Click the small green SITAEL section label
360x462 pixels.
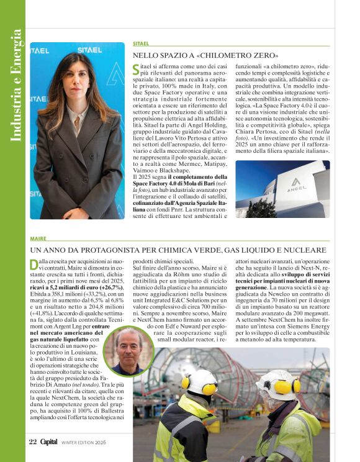pyautogui.click(x=141, y=43)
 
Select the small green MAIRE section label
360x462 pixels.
pyautogui.click(x=38, y=238)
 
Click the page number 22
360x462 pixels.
pyautogui.click(x=32, y=442)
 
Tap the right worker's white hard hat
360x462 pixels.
pyautogui.click(x=277, y=384)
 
